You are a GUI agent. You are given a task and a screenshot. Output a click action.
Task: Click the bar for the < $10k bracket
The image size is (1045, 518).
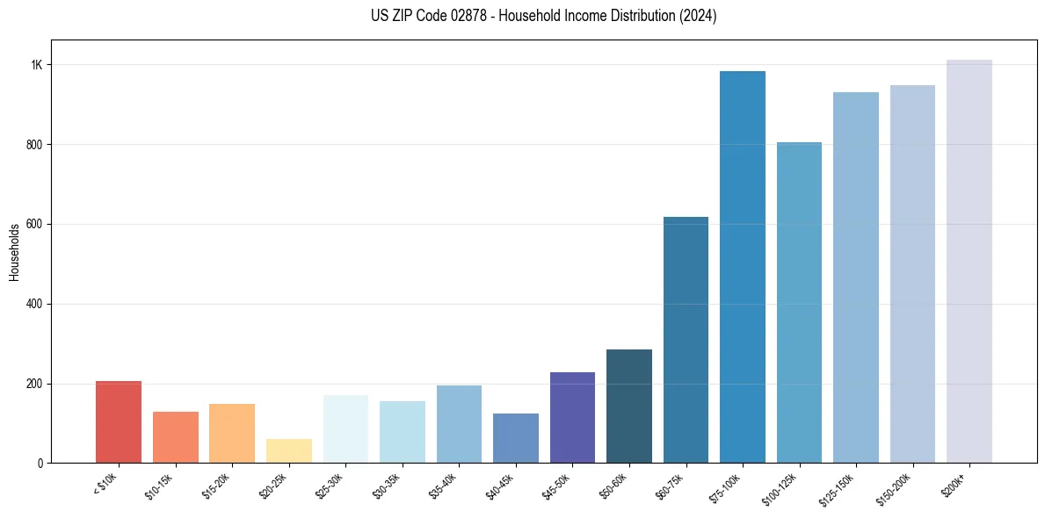pos(119,422)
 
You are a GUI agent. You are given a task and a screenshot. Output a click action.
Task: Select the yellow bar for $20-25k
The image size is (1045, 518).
pos(289,451)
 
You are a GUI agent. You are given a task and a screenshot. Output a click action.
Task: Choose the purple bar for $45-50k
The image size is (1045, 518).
pos(572,418)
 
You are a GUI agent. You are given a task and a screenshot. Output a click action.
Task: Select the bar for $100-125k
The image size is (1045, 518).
pos(799,303)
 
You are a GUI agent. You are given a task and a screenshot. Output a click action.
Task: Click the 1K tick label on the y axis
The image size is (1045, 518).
pos(37,65)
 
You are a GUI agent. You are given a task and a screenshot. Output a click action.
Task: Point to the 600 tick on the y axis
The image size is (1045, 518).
pos(35,224)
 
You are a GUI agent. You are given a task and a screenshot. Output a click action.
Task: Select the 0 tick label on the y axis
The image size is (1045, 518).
pos(40,463)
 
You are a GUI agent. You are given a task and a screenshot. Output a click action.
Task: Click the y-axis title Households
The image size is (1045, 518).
pos(14,252)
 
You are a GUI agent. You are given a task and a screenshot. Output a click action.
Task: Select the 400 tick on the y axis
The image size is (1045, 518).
pos(35,304)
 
